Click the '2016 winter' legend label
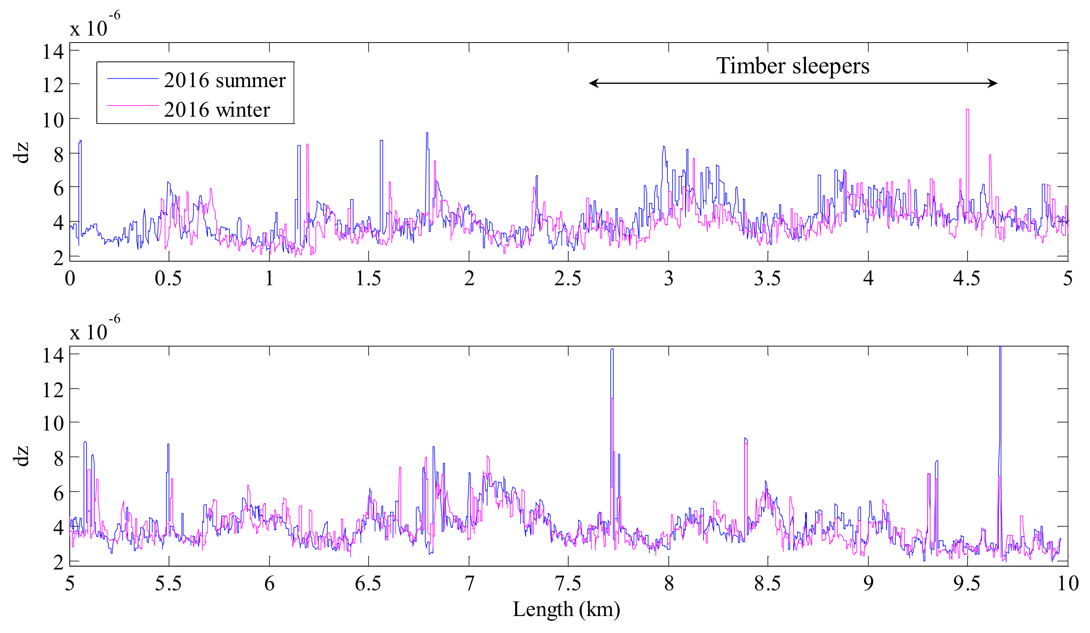pos(217,110)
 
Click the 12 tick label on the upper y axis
pos(53,85)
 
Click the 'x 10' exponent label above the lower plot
pos(89,332)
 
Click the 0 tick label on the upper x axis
pos(70,279)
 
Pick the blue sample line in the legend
pos(132,79)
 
